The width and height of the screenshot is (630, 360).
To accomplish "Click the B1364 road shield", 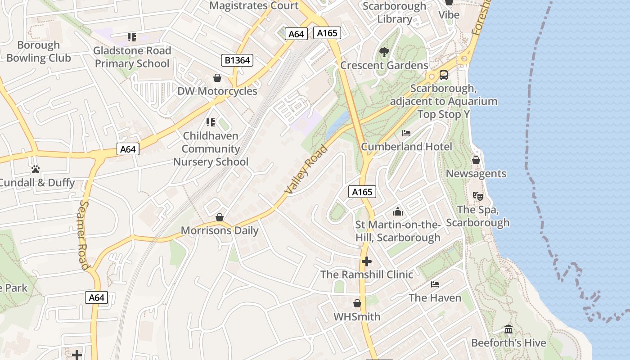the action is [237, 60].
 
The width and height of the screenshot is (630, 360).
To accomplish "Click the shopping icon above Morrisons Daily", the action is [220, 217].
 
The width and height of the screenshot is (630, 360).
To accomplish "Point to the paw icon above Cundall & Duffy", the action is [36, 169].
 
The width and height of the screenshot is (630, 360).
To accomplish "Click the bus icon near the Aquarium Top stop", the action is [444, 75].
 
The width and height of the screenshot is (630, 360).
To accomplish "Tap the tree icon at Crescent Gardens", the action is [384, 52].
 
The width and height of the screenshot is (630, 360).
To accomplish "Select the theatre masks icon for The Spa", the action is [477, 196].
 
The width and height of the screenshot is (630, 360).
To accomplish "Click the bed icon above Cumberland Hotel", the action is [406, 133].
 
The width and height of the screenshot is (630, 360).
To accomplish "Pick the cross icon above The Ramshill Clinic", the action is [367, 261].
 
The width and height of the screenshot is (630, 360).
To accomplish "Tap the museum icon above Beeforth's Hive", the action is [508, 329].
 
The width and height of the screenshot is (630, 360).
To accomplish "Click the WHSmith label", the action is [357, 317].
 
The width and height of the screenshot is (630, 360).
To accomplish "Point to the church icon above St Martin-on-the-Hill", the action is [398, 211].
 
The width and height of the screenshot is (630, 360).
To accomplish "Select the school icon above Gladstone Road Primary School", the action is [132, 37].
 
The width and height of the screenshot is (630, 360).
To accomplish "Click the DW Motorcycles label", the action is [217, 91].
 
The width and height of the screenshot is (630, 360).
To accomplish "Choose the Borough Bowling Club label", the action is [39, 51].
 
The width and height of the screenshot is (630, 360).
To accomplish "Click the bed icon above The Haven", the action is [435, 284].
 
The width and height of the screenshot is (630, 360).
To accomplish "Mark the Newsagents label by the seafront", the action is [476, 174].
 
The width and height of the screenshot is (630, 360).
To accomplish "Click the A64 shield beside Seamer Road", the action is [97, 297].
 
